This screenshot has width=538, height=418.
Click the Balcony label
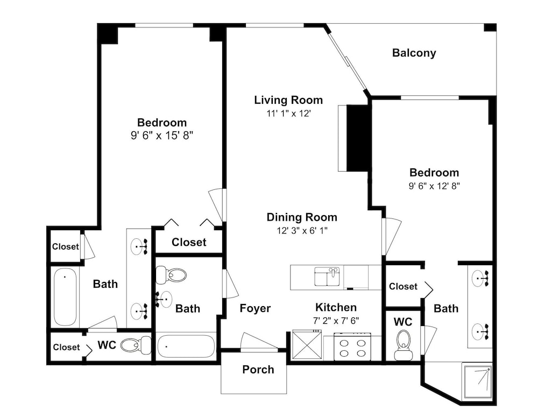coord(414,53)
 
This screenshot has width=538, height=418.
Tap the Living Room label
coord(288,100)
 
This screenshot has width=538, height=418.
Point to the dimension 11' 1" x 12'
coord(288,114)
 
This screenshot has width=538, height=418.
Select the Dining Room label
coord(302,217)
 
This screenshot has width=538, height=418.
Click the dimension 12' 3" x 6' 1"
coord(302,230)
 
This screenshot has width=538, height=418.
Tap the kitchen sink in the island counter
coord(327,277)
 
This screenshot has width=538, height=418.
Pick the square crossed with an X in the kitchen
coord(307,344)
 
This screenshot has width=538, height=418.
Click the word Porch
coord(258,370)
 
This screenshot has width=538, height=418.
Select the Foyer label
coord(255,308)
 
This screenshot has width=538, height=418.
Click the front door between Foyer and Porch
coord(259,342)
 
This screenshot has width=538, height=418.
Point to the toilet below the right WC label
coord(403,345)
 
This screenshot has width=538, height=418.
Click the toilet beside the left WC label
coord(136,345)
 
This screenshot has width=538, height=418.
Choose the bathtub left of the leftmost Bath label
coord(65,296)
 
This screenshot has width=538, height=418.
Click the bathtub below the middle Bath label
coord(186,346)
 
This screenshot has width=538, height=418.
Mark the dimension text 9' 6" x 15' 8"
coord(162,136)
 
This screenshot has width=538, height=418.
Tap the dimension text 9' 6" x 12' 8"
coord(434,186)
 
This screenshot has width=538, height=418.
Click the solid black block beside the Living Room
coord(358,138)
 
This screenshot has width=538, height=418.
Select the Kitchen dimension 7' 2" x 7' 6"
coord(336,321)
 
